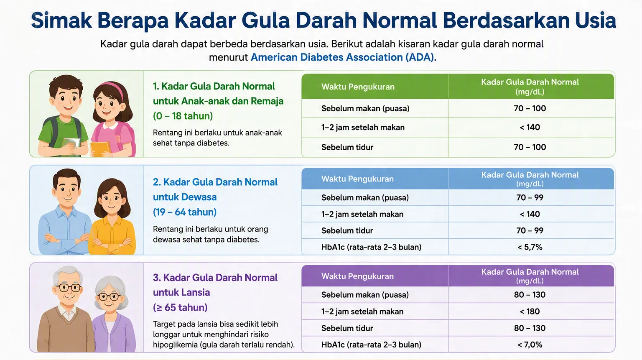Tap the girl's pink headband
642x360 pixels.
click(114, 87)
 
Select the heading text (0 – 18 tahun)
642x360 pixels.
click(183, 116)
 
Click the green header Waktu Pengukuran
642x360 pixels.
click(358, 87)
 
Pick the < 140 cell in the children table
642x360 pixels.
click(530, 127)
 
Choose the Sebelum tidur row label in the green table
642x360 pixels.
click(347, 147)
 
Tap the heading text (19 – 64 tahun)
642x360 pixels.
click(185, 212)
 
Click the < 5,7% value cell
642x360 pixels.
click(530, 247)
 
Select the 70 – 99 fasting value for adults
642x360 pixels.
click(530, 197)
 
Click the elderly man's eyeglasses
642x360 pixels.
click(68, 288)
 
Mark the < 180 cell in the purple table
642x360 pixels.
click(530, 311)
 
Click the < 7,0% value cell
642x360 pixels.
click(530, 345)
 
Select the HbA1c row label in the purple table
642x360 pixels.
click(371, 345)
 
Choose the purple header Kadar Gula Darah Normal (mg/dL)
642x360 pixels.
click(530, 276)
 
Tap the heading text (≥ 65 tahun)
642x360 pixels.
click(180, 308)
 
